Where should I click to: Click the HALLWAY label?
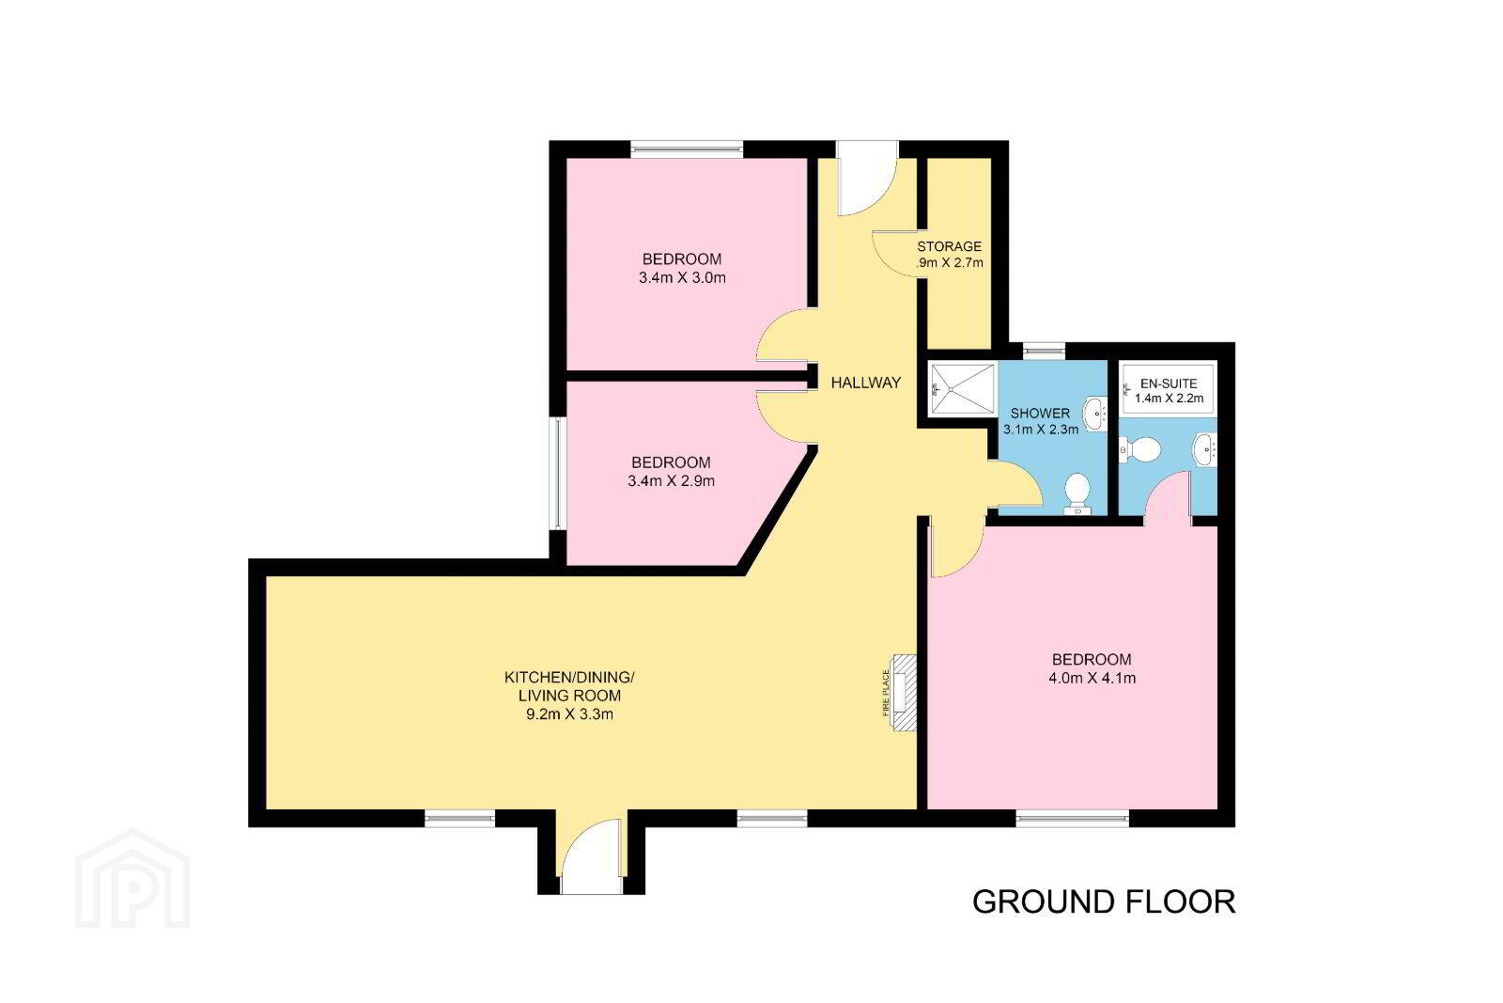[x=865, y=383]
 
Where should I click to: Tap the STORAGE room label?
[x=950, y=246]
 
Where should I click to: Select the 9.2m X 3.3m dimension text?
[x=569, y=714]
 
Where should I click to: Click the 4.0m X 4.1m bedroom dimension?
[x=1092, y=678]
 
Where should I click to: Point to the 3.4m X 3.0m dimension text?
[x=682, y=278]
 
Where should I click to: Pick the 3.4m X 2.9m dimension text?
[x=671, y=481]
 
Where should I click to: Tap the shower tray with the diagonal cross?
[x=962, y=389]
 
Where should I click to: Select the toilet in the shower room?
[x=1077, y=494]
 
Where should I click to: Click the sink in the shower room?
[x=1095, y=414]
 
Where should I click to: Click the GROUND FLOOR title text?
[x=1104, y=901]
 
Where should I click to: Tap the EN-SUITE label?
[x=1169, y=384]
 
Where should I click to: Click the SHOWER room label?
[x=1040, y=414]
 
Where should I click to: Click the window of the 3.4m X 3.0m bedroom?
[x=687, y=149]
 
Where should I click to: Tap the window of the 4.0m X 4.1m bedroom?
[x=1072, y=819]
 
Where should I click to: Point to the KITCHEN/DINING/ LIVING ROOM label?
[x=569, y=686]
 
